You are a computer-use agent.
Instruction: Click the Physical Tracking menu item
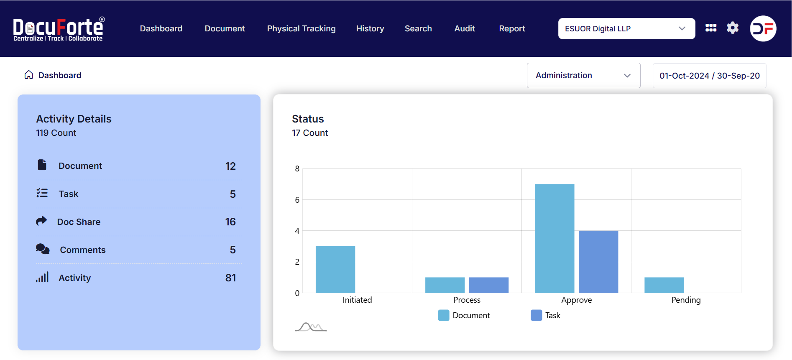(x=301, y=28)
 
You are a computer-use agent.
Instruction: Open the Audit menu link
(x=465, y=28)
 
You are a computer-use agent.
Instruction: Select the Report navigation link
(x=512, y=28)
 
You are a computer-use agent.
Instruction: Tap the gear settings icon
(x=733, y=28)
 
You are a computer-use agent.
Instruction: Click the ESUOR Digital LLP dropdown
(x=626, y=28)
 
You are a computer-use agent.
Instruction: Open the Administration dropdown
(x=583, y=75)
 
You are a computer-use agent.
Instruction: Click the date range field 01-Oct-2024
(x=709, y=76)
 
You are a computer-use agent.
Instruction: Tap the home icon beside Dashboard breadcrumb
(x=28, y=75)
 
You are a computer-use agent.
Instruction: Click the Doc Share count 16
(x=230, y=222)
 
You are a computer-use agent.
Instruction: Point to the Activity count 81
(x=230, y=278)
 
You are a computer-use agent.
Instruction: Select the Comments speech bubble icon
(x=43, y=249)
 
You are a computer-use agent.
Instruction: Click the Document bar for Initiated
(x=335, y=269)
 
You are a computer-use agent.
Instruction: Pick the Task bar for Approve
(x=598, y=261)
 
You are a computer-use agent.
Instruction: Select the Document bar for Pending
(x=664, y=285)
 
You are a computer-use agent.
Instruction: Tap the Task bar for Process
(x=489, y=285)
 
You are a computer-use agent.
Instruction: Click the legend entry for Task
(x=546, y=315)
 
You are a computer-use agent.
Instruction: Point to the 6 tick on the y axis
(x=297, y=200)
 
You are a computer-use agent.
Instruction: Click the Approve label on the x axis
(x=576, y=300)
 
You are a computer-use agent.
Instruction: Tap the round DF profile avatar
(x=763, y=28)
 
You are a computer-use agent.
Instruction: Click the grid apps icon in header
(x=711, y=28)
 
